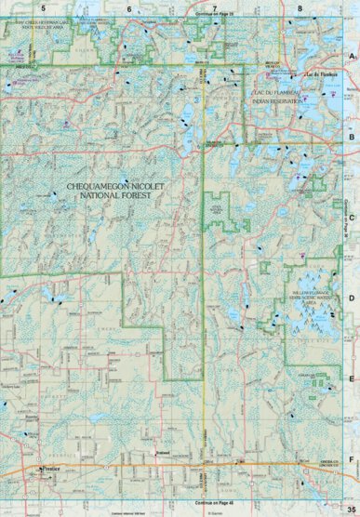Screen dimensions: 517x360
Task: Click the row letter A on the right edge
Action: (352, 57)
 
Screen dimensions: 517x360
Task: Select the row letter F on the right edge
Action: (352, 459)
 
